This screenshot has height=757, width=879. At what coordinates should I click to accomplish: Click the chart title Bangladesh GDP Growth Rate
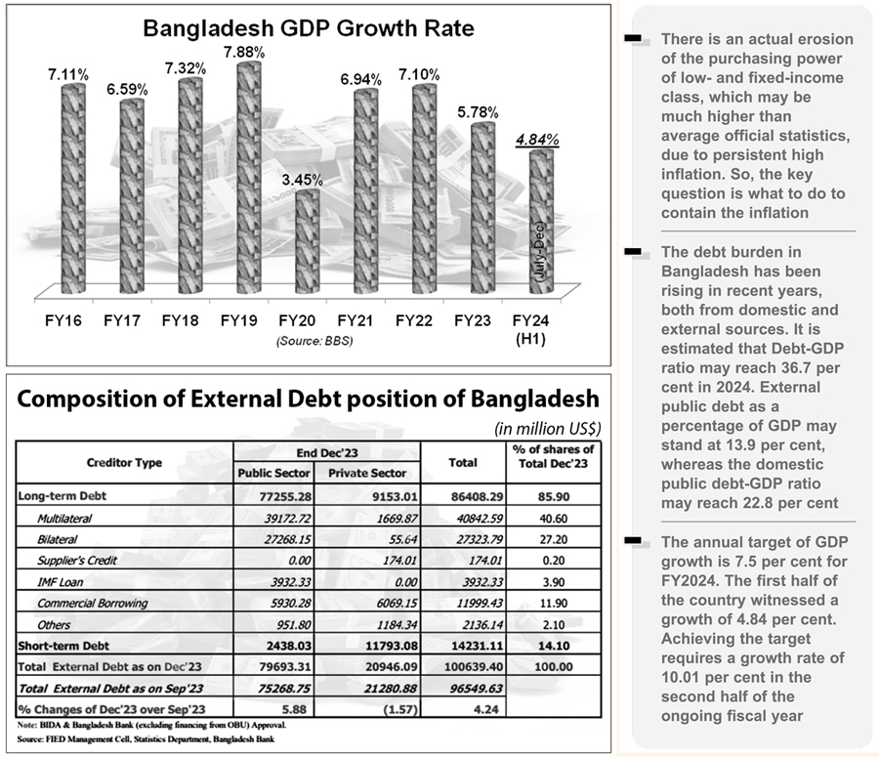(x=309, y=28)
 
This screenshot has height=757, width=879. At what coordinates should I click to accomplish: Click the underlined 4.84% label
(x=536, y=140)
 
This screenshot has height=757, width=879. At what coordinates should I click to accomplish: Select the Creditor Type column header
(x=124, y=462)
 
